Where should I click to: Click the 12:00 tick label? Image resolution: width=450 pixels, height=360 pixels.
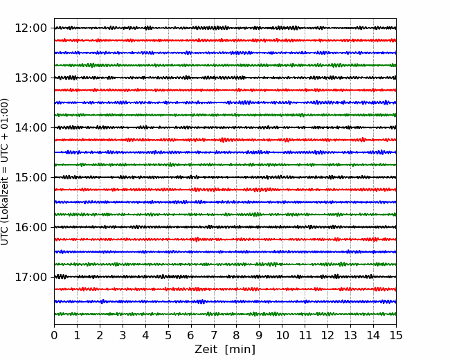(x=30, y=28)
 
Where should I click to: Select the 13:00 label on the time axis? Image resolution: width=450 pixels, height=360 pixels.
(x=30, y=78)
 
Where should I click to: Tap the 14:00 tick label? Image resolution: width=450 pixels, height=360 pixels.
(x=30, y=127)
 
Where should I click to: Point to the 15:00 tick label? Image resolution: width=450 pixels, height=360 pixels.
(x=30, y=177)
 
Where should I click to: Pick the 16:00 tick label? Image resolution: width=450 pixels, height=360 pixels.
(x=30, y=227)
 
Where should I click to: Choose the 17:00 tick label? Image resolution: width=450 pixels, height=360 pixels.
(x=30, y=277)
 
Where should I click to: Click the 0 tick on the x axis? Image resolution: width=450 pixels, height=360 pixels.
(x=54, y=335)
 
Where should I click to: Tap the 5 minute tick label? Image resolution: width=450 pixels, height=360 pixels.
(x=168, y=335)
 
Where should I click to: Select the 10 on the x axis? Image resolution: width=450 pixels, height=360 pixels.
(x=282, y=335)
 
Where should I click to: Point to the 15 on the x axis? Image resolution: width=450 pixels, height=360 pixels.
(x=396, y=335)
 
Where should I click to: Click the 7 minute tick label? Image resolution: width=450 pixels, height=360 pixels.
(x=214, y=335)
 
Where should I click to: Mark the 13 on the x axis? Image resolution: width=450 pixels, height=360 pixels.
(x=350, y=335)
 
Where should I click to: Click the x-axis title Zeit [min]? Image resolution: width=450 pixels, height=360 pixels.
(x=225, y=350)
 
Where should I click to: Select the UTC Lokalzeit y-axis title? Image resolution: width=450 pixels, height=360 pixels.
(x=5, y=172)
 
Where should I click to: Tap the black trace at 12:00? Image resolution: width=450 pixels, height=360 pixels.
(x=225, y=28)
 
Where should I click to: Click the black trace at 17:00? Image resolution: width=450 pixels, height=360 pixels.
(x=225, y=277)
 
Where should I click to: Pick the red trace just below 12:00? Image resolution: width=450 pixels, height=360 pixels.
(x=225, y=40)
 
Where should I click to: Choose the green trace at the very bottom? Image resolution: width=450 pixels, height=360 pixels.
(x=225, y=314)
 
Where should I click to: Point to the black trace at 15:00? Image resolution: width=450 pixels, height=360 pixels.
(x=225, y=177)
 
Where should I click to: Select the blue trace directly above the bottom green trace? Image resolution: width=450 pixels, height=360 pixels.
(x=225, y=301)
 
